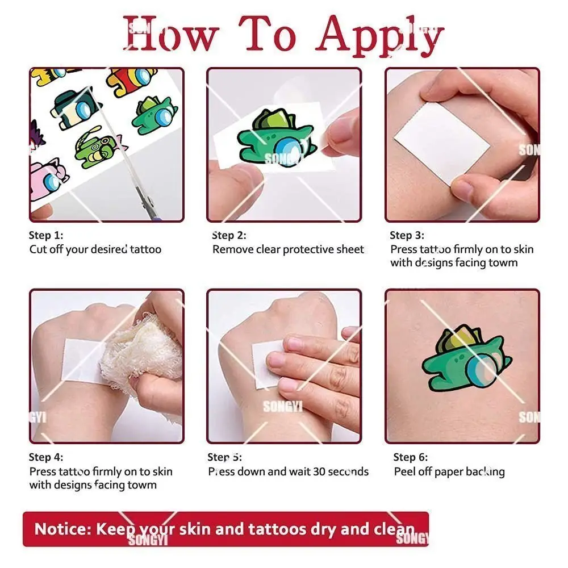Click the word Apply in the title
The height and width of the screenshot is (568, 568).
point(379,36)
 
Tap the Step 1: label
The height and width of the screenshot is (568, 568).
point(46,235)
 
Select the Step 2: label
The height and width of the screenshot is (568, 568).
point(229,236)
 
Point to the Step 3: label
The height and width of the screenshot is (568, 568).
point(407,236)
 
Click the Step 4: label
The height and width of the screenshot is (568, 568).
point(46,457)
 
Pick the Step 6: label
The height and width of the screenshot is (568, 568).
point(411,457)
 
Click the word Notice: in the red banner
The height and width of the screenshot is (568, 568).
point(63,529)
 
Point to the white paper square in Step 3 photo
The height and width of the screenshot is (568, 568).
point(442,144)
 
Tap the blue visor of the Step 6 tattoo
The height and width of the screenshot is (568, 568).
point(482,373)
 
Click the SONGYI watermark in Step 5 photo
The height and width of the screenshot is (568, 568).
point(283,407)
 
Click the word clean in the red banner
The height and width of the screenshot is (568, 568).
point(394,529)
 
